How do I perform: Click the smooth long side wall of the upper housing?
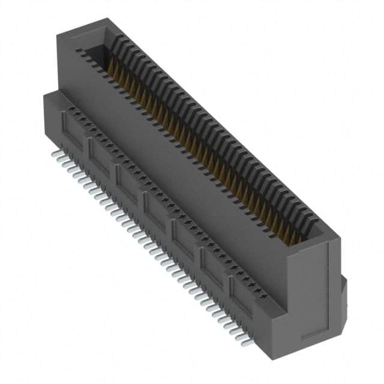pyautogui.click(x=180, y=168)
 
